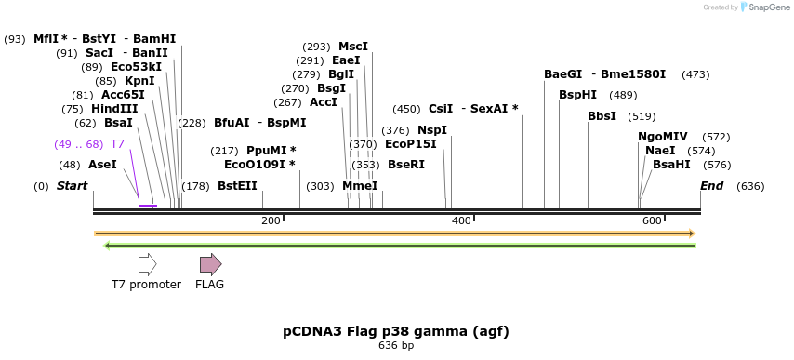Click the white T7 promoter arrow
(x=147, y=264)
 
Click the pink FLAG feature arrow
(x=210, y=264)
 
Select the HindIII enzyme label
(x=114, y=108)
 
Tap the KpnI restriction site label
(x=139, y=80)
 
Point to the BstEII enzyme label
(x=237, y=185)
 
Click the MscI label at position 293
(x=353, y=46)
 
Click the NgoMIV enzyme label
(x=662, y=136)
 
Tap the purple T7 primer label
(x=117, y=143)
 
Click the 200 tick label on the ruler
(x=271, y=220)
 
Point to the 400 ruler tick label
(x=461, y=220)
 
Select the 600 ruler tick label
(x=652, y=220)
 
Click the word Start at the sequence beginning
(x=72, y=185)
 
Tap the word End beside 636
(x=711, y=185)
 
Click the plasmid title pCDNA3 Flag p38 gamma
(x=396, y=331)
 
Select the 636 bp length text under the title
(x=396, y=346)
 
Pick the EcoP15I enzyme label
(x=410, y=143)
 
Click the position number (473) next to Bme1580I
(x=695, y=73)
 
